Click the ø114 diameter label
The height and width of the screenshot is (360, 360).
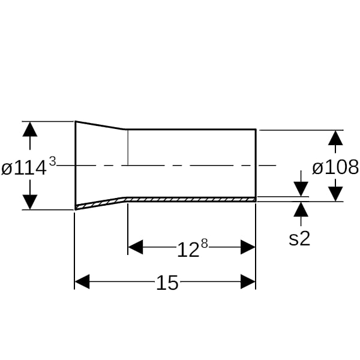coord(23,168)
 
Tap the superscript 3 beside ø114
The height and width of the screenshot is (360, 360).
coord(53,161)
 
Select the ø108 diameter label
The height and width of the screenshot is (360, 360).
coord(335,167)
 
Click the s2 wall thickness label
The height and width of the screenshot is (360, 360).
coord(299,239)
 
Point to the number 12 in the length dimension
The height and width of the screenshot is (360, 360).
coord(188,250)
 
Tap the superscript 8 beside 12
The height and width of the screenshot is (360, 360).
coord(205,244)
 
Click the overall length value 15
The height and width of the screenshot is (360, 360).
coord(167,283)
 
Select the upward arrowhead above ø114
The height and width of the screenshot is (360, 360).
coord(30,129)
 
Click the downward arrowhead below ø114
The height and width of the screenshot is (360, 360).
coord(30,202)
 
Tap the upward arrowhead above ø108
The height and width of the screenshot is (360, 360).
coord(335,138)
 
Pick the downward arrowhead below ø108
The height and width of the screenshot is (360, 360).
coord(335,194)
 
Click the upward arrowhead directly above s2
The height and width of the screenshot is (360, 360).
coord(301,209)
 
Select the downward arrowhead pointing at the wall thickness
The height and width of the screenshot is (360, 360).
coord(301,189)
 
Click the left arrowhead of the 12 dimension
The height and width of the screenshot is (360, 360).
coord(136,247)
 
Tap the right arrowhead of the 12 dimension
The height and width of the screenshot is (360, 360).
coord(248,247)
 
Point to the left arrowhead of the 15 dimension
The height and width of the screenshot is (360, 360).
coord(82,281)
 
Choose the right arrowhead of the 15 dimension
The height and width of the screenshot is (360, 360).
coord(248,281)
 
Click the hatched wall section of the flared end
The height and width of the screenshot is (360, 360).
coord(101,203)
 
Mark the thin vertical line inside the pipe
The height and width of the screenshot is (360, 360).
coord(128,148)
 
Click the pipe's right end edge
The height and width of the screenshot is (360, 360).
coord(256,166)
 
